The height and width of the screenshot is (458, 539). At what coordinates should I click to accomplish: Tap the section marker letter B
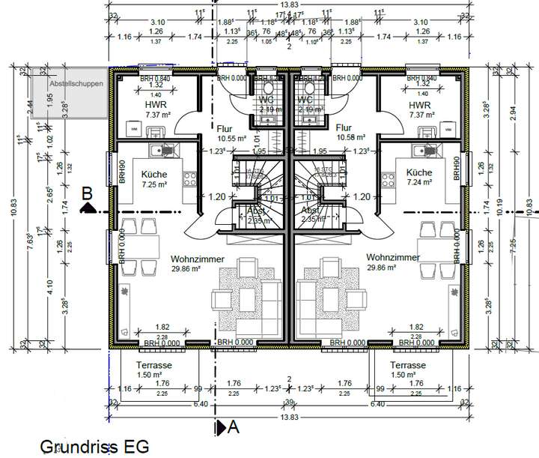pos(87,193)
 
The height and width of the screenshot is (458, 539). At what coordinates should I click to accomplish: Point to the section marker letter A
pos(232,427)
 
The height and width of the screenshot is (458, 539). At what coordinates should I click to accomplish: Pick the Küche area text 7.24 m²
pos(420,182)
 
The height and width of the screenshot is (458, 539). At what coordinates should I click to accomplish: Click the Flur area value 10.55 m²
pos(227,138)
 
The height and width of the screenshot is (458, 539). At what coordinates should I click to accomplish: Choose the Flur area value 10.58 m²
pos(350,138)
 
